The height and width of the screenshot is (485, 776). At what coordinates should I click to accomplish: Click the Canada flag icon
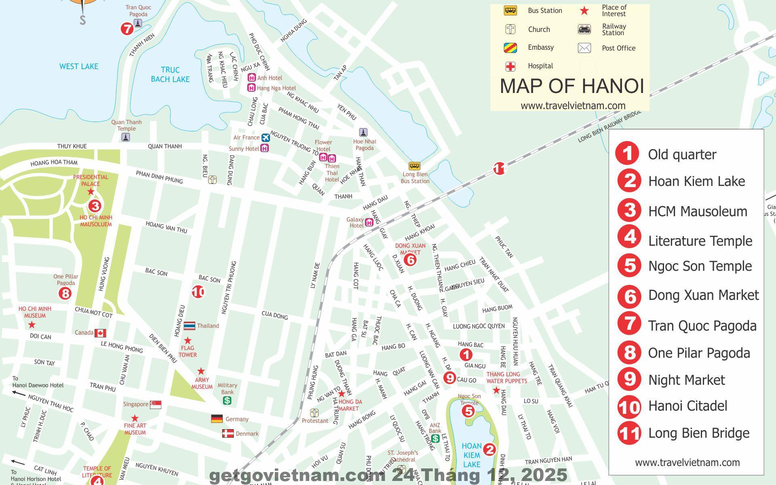tap(100, 333)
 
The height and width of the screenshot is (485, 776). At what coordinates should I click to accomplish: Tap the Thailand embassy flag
tap(189, 326)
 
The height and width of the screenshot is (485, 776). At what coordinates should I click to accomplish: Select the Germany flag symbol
tap(217, 419)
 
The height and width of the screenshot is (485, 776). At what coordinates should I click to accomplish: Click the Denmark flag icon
tap(228, 434)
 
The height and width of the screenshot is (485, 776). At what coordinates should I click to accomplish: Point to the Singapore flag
tap(156, 405)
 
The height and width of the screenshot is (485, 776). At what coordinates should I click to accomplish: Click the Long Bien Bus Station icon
tap(414, 166)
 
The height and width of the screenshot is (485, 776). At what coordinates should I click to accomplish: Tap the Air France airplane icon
tap(265, 138)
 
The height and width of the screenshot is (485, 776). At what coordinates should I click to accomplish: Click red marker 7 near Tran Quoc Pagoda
tap(127, 29)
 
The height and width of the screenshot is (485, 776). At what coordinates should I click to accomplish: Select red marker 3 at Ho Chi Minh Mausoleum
tap(95, 206)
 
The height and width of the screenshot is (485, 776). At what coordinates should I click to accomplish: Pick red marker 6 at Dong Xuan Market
tap(410, 260)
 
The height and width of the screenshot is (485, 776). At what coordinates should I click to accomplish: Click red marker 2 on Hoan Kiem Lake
tap(489, 449)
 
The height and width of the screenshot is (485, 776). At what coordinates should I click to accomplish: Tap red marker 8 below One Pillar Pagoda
tap(65, 293)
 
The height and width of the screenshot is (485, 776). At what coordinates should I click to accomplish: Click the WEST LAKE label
tap(79, 66)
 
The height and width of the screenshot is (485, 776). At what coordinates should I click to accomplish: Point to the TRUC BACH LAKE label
tap(170, 74)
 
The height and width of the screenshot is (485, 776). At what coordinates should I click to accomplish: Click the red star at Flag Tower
tap(188, 341)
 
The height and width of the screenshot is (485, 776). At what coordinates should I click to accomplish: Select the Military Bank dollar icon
tap(227, 401)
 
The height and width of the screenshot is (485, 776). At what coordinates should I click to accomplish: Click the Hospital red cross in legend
tap(510, 66)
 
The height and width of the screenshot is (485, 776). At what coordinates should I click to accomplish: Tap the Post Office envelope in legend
tap(584, 48)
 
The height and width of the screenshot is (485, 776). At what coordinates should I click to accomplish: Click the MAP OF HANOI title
tap(571, 86)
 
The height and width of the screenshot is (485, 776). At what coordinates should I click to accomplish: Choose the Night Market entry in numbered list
tap(686, 380)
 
